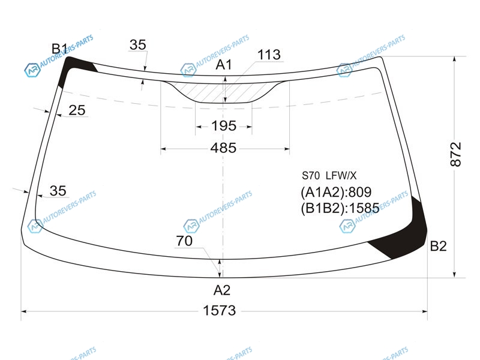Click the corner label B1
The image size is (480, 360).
click(59, 49)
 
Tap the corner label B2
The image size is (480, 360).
click(439, 246)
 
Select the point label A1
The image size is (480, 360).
click(224, 65)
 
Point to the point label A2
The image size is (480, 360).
click(221, 290)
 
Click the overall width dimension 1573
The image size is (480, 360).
click(220, 311)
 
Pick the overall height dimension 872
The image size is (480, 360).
click(456, 154)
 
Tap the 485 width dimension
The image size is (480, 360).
click(223, 148)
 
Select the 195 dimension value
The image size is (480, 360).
click(224, 126)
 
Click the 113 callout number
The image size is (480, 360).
click(269, 55)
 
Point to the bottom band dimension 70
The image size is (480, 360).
click(184, 241)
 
